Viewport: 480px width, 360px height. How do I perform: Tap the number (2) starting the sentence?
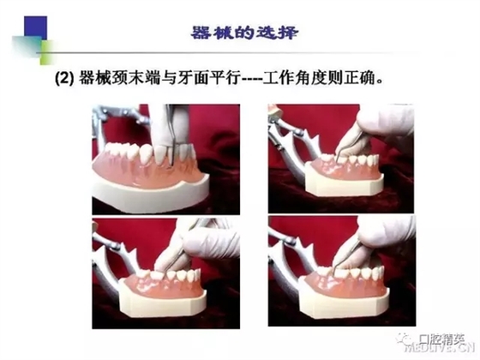point(64,79)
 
